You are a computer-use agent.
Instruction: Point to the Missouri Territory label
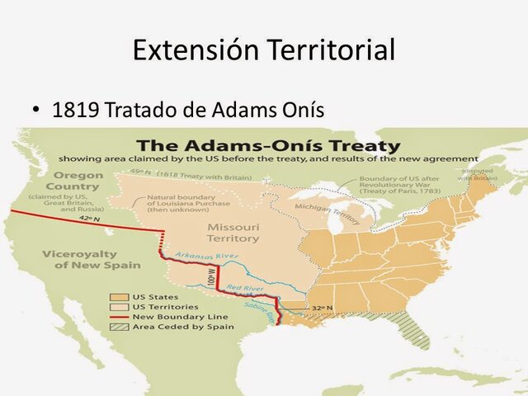click(233, 233)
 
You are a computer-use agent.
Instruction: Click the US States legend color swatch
click(115, 296)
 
